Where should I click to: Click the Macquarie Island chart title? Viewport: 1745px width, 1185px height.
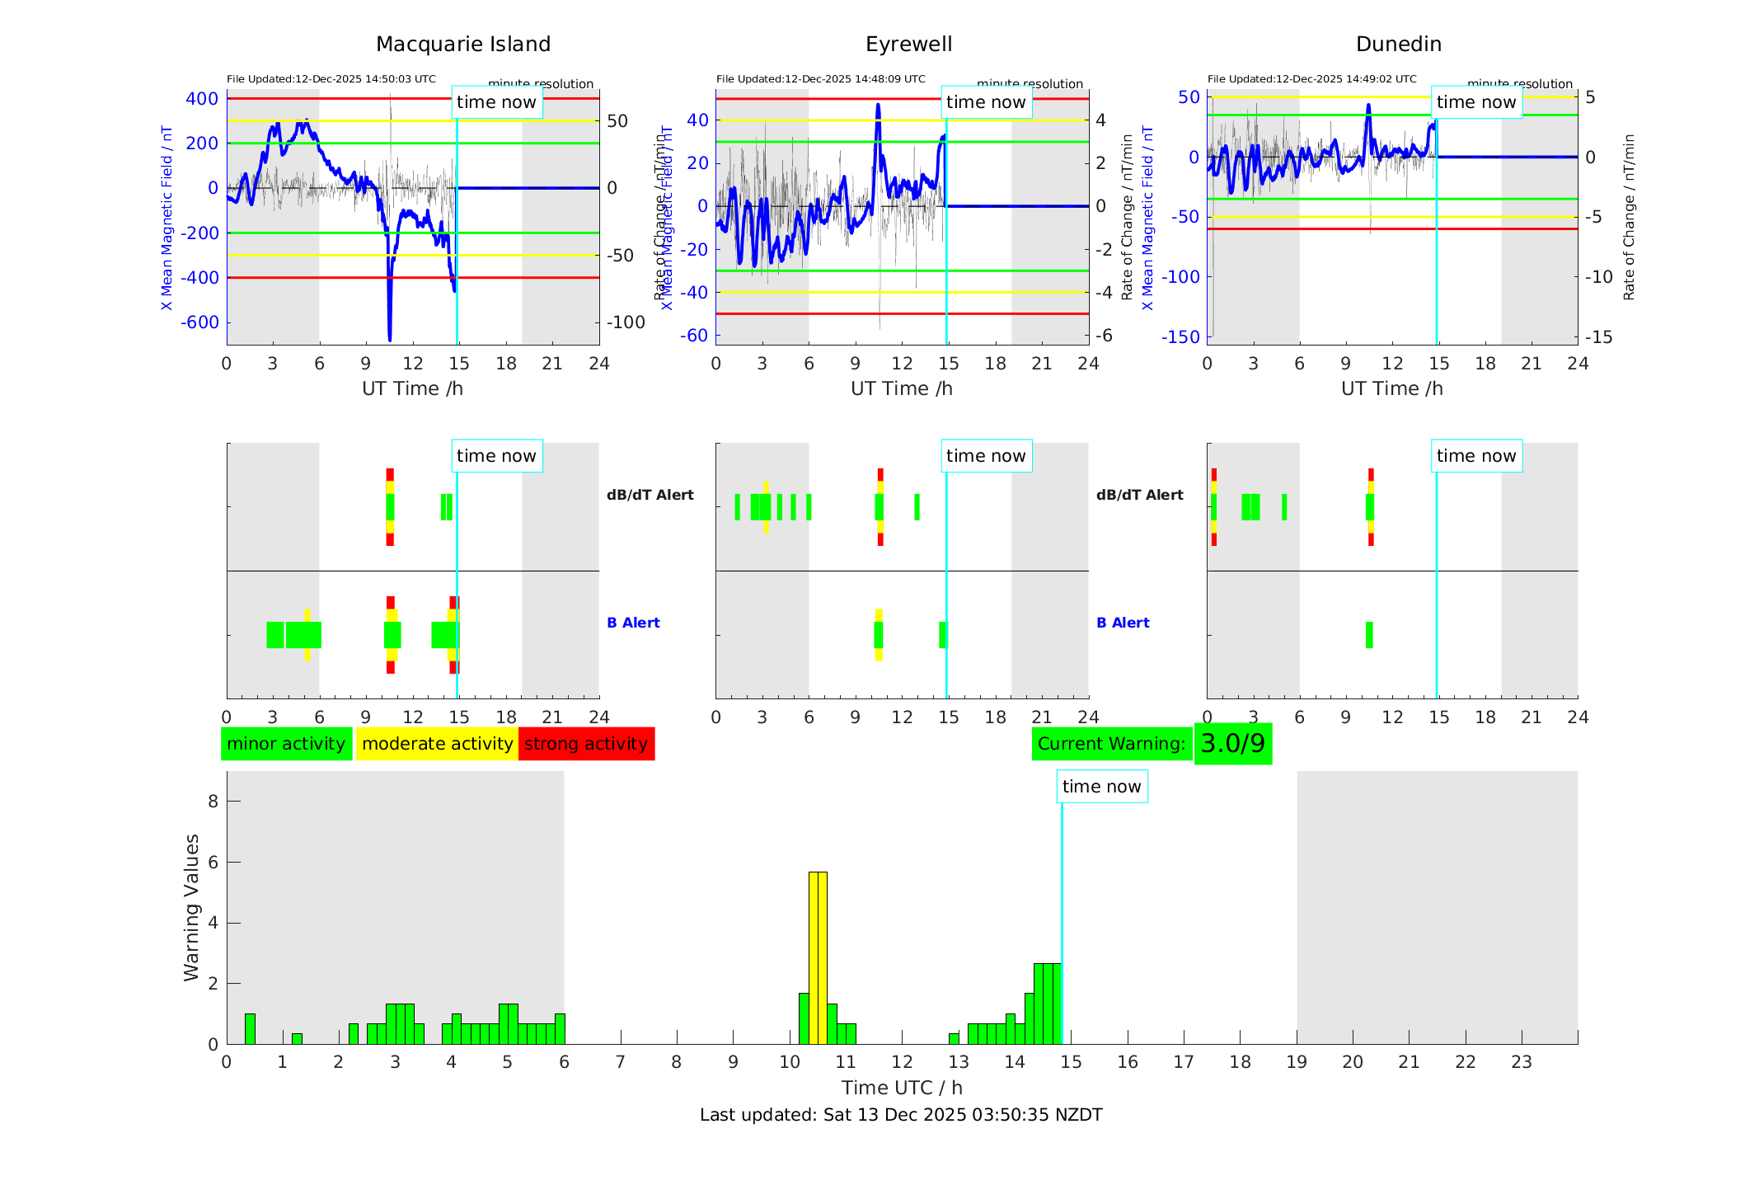462,45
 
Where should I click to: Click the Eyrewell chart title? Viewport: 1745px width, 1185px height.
908,45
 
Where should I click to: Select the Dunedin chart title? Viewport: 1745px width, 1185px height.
1398,45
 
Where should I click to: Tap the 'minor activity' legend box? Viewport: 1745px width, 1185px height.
286,744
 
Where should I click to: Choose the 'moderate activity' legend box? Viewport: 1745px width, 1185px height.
437,744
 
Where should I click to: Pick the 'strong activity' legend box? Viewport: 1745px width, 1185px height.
586,744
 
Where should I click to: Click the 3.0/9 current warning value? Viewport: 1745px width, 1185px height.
1232,744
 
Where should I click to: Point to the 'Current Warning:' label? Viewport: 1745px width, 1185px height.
1111,744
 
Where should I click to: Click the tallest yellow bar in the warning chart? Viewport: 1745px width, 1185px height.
818,957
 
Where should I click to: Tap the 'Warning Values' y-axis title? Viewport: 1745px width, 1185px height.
191,907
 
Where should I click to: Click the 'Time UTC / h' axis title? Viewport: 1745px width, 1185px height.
902,1088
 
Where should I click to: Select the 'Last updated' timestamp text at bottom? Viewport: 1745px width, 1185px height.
901,1115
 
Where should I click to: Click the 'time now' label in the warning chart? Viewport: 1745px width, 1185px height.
1101,787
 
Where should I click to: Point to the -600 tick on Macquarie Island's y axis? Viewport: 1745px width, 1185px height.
199,322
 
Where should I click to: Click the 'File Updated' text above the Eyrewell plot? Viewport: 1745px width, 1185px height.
820,79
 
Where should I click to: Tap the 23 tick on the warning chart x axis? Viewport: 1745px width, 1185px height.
1521,1062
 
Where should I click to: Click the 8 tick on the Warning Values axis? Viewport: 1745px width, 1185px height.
213,801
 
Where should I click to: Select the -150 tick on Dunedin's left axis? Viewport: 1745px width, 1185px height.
1180,336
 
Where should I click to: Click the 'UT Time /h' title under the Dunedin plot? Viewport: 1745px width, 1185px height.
1391,388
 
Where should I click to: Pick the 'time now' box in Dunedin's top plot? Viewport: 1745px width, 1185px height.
1475,102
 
